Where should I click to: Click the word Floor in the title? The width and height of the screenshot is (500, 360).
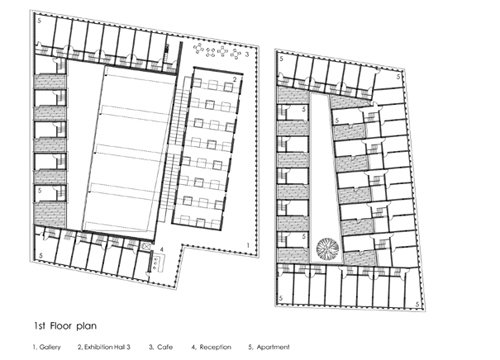pyautogui.click(x=61, y=325)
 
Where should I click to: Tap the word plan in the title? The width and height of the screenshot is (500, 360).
pyautogui.click(x=86, y=326)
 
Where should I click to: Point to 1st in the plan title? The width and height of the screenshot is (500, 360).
pyautogui.click(x=40, y=325)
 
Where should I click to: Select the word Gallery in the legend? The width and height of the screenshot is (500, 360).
pyautogui.click(x=50, y=347)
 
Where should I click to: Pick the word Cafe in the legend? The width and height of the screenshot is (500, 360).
pyautogui.click(x=165, y=347)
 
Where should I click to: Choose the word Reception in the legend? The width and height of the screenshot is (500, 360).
pyautogui.click(x=215, y=347)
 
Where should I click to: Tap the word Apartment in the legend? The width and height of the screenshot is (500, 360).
pyautogui.click(x=273, y=347)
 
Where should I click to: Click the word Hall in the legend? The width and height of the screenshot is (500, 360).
pyautogui.click(x=121, y=347)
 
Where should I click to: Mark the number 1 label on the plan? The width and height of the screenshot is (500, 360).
pyautogui.click(x=248, y=245)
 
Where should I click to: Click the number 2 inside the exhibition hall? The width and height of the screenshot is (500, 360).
pyautogui.click(x=235, y=79)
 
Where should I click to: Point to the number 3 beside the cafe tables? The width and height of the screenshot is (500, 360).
pyautogui.click(x=247, y=54)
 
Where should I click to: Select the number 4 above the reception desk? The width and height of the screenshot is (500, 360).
pyautogui.click(x=162, y=249)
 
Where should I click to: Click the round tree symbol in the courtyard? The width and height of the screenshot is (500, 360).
pyautogui.click(x=328, y=248)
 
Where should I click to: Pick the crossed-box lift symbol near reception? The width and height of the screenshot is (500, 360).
pyautogui.click(x=146, y=246)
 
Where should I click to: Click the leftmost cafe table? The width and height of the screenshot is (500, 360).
pyautogui.click(x=199, y=49)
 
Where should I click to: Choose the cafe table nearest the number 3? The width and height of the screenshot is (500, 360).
pyautogui.click(x=236, y=53)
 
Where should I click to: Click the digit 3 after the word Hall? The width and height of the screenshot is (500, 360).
pyautogui.click(x=128, y=347)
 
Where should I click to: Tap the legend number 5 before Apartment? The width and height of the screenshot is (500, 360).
pyautogui.click(x=250, y=347)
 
